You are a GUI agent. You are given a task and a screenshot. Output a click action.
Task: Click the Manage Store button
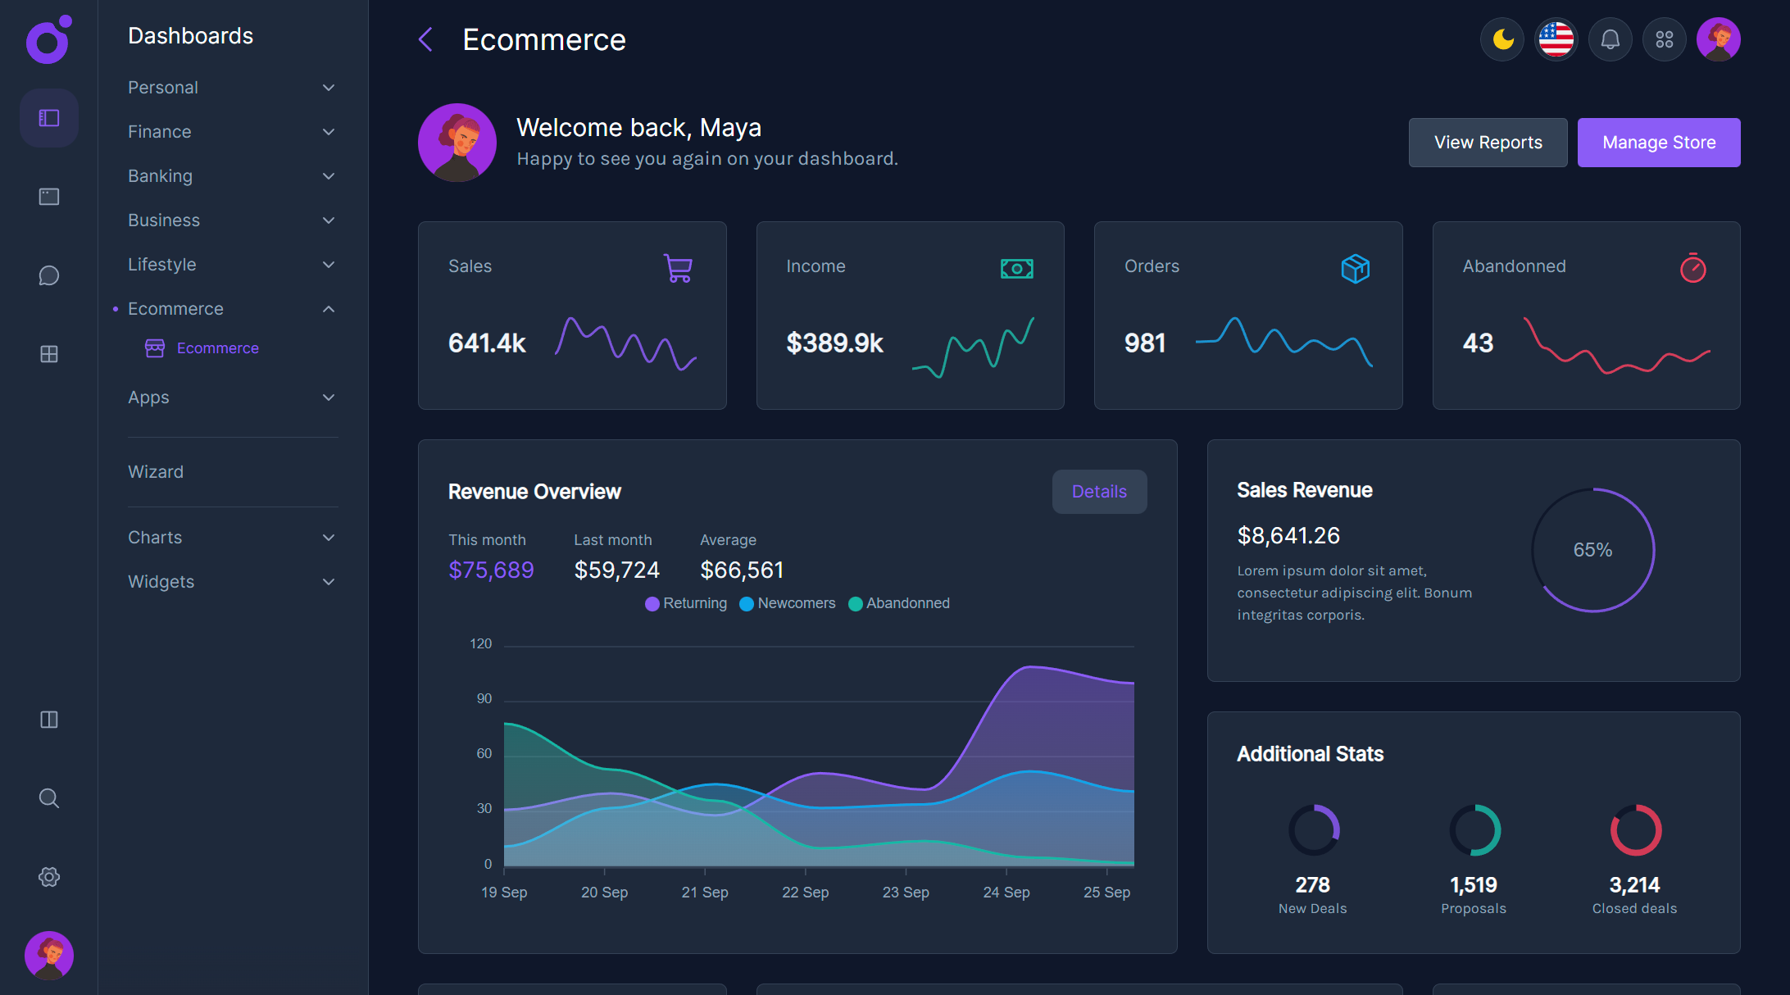tap(1658, 143)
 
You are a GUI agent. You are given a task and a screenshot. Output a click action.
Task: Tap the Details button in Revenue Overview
tap(1099, 492)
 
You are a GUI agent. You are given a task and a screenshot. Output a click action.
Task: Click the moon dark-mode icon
tap(1502, 39)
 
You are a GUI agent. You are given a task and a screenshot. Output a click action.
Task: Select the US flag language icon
tap(1556, 39)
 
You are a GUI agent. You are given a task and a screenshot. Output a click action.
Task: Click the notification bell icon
tap(1610, 39)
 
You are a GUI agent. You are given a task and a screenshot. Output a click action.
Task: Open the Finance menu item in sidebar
tap(160, 132)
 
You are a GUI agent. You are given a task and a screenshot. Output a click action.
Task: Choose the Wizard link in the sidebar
tap(156, 472)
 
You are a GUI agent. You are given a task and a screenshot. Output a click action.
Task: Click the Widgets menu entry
tap(161, 582)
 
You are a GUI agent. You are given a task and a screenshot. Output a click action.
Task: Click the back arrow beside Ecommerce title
tap(425, 39)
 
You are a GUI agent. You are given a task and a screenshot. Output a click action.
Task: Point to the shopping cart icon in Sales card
tap(679, 268)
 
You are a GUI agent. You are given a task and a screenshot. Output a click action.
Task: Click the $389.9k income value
tap(834, 343)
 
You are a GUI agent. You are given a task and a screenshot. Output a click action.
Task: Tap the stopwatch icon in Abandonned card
tap(1692, 268)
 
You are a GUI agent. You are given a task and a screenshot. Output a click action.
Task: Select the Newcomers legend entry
tap(788, 603)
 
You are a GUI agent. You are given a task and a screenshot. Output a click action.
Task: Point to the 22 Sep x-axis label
tap(805, 893)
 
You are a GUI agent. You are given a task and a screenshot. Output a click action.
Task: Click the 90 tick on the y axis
tap(484, 698)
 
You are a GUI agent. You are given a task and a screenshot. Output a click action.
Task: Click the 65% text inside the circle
tap(1592, 550)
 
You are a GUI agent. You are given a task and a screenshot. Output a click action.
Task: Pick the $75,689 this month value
tap(491, 570)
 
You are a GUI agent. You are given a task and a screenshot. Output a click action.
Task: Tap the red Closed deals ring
tap(1635, 830)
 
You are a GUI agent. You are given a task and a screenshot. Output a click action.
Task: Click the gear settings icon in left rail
tap(49, 877)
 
